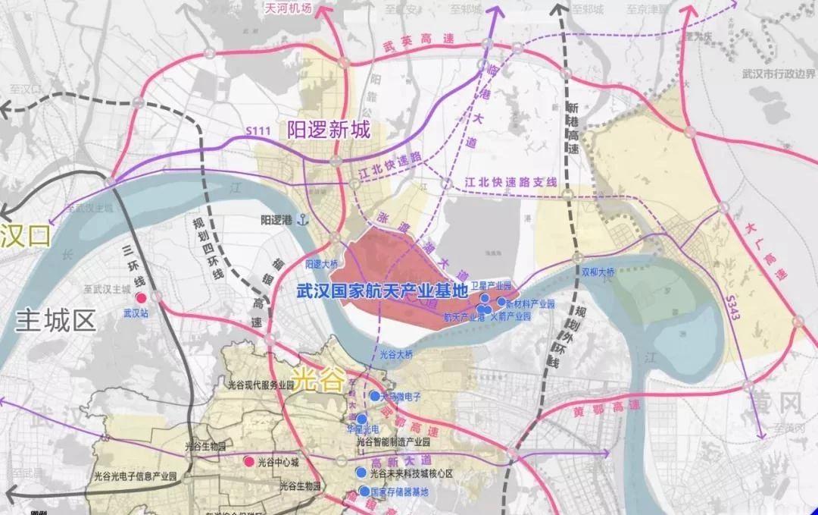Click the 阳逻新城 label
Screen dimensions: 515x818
click(x=329, y=130)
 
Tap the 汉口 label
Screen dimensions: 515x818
click(x=25, y=236)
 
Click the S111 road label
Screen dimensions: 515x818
click(x=258, y=132)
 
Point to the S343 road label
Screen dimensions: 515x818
click(x=732, y=300)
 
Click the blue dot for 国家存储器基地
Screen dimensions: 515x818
click(x=364, y=491)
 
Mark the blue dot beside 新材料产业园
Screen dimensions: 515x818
click(x=501, y=302)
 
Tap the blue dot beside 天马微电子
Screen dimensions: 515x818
click(x=373, y=396)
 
